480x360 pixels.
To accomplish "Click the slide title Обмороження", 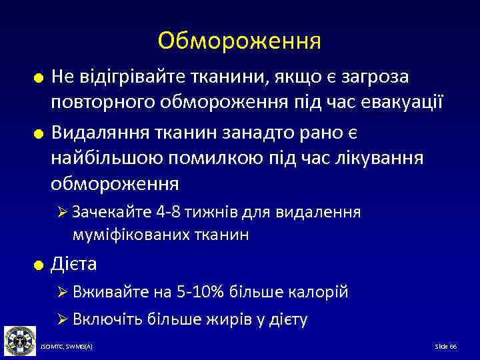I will pyautogui.click(x=239, y=41).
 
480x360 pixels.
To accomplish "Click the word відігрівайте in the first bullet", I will pyautogui.click(x=128, y=78).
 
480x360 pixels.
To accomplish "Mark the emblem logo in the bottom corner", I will pyautogui.click(x=19, y=341).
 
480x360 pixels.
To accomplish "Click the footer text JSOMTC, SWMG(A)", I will pyautogui.click(x=67, y=347).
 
